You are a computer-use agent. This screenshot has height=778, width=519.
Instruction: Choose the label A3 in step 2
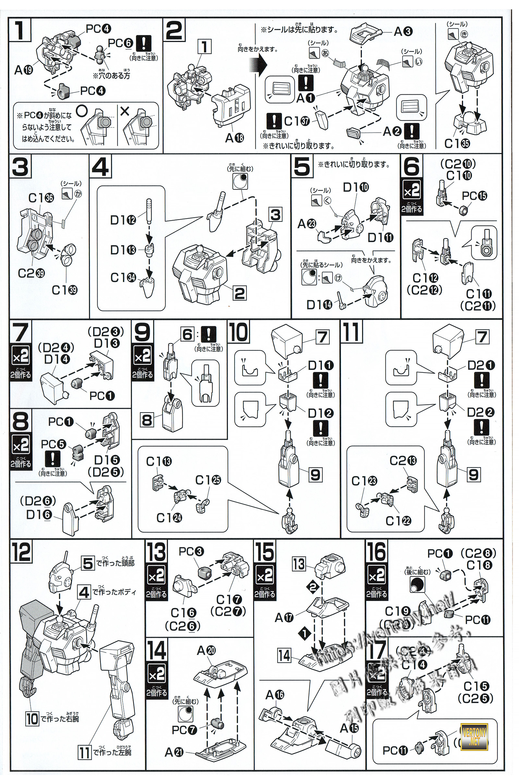click(403, 31)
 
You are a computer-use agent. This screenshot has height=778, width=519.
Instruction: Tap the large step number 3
click(20, 168)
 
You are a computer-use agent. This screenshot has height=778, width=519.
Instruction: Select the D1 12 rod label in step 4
click(123, 220)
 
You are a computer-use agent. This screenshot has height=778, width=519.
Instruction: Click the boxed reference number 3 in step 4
click(275, 215)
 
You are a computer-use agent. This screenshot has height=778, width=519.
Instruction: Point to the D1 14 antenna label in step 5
click(319, 305)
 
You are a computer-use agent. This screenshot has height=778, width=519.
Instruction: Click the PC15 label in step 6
click(474, 196)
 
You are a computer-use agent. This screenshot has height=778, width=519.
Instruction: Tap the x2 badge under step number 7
click(20, 357)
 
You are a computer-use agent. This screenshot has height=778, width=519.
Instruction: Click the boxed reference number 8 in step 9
click(147, 420)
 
